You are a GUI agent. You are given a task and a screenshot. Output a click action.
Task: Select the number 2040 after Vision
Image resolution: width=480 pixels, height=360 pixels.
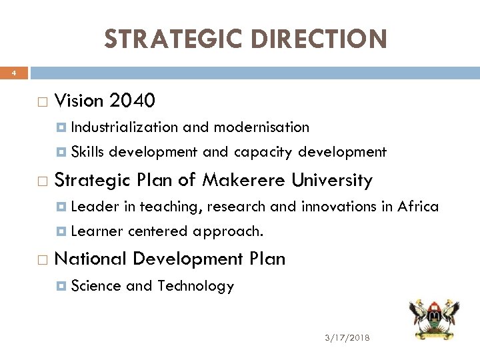[x=133, y=101]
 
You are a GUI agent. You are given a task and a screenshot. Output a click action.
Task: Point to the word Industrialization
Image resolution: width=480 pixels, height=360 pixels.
[x=124, y=127]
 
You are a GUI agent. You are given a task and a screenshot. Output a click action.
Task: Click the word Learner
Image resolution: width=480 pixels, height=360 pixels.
[x=97, y=232]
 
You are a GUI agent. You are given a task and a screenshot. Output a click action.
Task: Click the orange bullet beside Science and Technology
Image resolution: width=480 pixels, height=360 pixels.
[x=62, y=287]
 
